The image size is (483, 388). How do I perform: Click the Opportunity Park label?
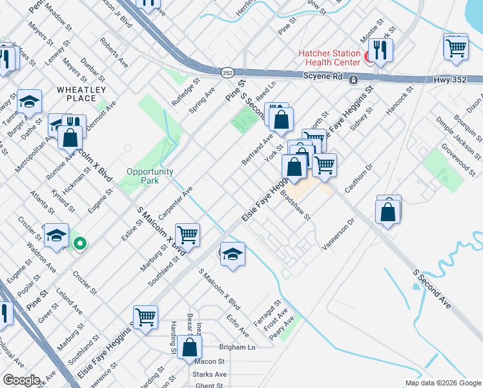[150, 176]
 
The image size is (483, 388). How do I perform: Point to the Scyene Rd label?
[324, 76]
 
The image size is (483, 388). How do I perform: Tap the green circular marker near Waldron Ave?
[79, 244]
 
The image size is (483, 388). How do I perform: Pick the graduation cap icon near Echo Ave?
[232, 253]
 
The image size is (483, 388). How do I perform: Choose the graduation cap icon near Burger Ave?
[29, 102]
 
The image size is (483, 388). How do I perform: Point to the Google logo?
[21, 380]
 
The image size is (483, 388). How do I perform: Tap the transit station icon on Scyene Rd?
[354, 80]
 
